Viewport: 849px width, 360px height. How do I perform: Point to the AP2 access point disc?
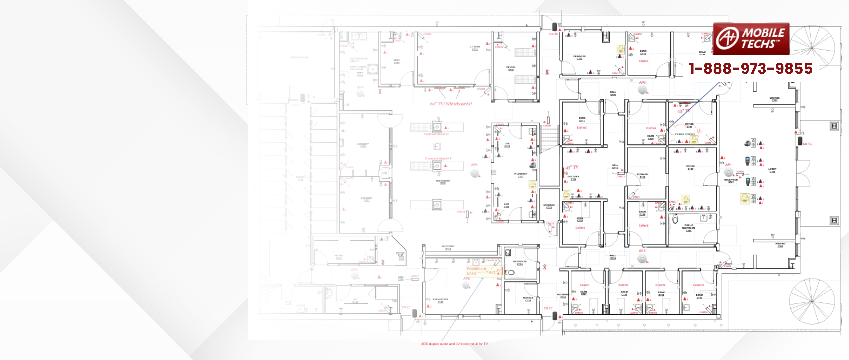pos(642,259)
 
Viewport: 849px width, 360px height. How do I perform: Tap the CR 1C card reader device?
pos(800,141)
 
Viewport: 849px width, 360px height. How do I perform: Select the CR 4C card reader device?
pos(415,313)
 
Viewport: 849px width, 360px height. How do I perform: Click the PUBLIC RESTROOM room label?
pos(688,228)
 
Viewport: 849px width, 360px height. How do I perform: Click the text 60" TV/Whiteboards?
pos(451,104)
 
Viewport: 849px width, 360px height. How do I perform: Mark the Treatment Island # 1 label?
pos(436,134)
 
